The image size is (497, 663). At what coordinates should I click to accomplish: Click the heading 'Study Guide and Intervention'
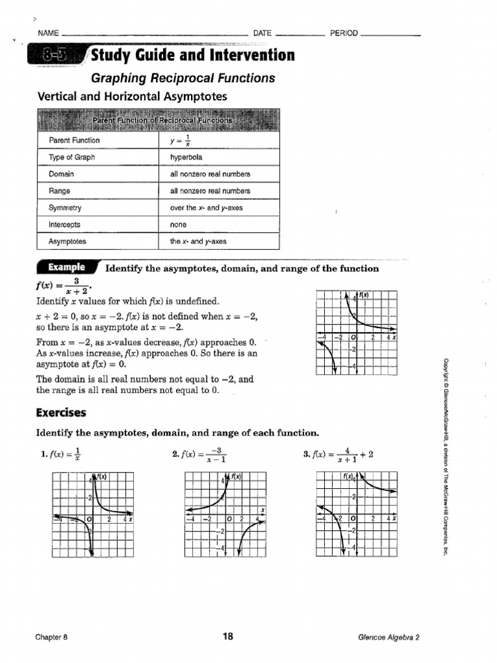pos(192,56)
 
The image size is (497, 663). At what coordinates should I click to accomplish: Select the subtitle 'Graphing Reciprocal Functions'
pos(182,78)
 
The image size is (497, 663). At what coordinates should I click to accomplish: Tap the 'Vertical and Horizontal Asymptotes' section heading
pos(133,96)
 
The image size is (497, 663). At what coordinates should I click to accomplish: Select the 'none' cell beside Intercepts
pos(178,225)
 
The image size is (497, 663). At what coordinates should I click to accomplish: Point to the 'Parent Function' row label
pos(74,140)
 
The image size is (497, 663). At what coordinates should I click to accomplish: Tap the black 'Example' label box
pos(65,267)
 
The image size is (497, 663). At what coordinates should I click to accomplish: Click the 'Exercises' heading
pos(61,412)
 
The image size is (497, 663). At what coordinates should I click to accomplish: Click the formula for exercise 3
pos(338,455)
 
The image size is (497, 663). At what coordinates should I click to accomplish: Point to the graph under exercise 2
pos(225,513)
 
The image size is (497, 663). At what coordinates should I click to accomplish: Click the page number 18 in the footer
pos(227,636)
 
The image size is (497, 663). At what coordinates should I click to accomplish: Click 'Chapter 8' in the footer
pos(51,637)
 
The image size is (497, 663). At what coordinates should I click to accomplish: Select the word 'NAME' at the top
pos(49,33)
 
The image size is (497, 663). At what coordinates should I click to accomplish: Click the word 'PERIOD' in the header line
pos(344,33)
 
